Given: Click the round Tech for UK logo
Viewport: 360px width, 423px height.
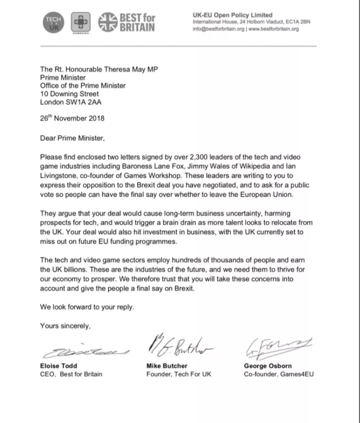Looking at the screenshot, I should coord(54,22).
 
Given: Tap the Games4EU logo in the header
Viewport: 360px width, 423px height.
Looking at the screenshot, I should coord(80,23).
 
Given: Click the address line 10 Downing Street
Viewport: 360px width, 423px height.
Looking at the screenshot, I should coord(70,94).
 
